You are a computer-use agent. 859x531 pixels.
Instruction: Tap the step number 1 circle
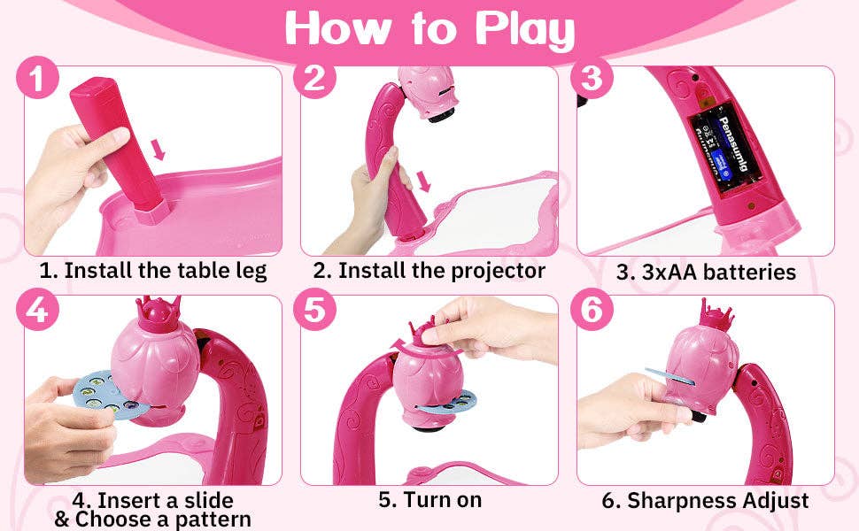37,78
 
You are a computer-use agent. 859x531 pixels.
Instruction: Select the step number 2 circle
314,78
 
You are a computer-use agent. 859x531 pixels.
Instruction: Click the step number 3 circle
592,78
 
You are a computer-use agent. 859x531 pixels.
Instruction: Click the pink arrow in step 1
159,150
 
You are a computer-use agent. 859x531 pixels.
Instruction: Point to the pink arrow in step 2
423,181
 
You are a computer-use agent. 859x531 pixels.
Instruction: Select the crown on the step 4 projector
159,312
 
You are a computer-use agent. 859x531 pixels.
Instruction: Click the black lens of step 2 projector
442,116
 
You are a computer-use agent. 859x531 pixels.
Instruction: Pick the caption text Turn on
442,500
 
